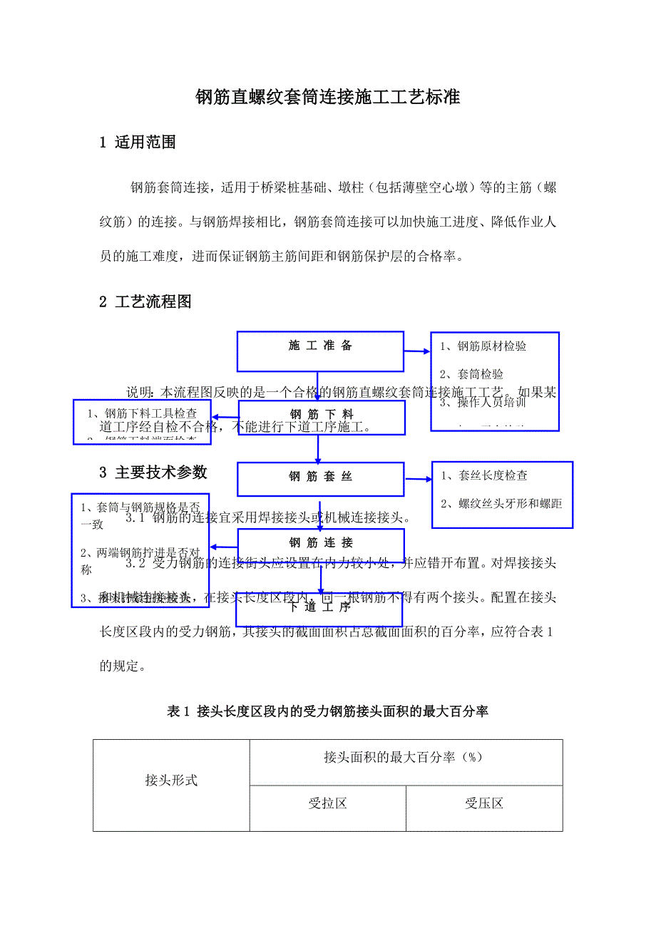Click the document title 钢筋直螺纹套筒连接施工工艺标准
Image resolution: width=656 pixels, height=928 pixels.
pos(327,98)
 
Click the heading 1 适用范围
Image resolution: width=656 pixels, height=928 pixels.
pos(138,143)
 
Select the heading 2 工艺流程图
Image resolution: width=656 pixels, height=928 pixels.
pos(145,302)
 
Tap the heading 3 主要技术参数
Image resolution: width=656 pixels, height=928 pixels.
pos(153,472)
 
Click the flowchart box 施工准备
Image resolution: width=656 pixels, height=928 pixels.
pos(320,346)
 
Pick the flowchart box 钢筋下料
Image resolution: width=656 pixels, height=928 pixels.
pos(321,414)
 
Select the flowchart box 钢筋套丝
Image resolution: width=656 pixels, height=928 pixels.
pos(321,477)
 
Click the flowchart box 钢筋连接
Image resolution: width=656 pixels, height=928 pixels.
pos(321,543)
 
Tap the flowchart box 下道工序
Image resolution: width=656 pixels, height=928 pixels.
pos(320,608)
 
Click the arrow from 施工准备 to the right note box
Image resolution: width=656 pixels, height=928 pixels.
pos(416,351)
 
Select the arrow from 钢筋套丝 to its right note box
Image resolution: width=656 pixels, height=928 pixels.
pos(419,478)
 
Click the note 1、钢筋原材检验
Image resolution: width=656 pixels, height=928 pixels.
pos(483,346)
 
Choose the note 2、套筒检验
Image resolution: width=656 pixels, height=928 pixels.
pos(471,374)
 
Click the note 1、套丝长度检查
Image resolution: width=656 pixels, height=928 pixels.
pos(483,475)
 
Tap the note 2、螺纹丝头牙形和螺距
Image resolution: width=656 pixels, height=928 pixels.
pos(501,504)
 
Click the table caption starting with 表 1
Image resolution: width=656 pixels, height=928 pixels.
pos(327,711)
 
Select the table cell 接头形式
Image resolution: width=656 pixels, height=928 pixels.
pos(171,780)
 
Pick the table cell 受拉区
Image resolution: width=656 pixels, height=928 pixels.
pos(327,804)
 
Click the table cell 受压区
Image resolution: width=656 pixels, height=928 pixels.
pos(484,804)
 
